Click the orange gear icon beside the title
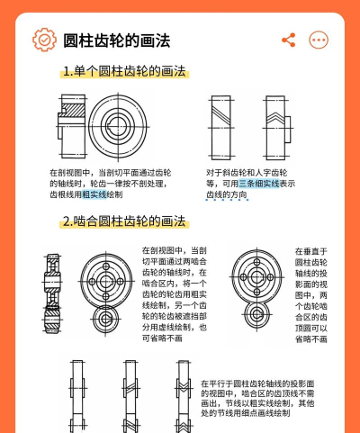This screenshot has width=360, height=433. pyautogui.click(x=43, y=40)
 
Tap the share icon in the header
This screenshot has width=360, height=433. pyautogui.click(x=289, y=40)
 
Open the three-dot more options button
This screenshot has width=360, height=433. pyautogui.click(x=319, y=40)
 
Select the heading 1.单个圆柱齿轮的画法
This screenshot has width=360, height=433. pyautogui.click(x=123, y=73)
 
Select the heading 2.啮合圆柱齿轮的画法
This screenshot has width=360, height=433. pyautogui.click(x=123, y=221)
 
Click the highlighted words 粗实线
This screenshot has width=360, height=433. pyautogui.click(x=94, y=194)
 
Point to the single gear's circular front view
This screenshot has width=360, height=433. pyautogui.click(x=120, y=124)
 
